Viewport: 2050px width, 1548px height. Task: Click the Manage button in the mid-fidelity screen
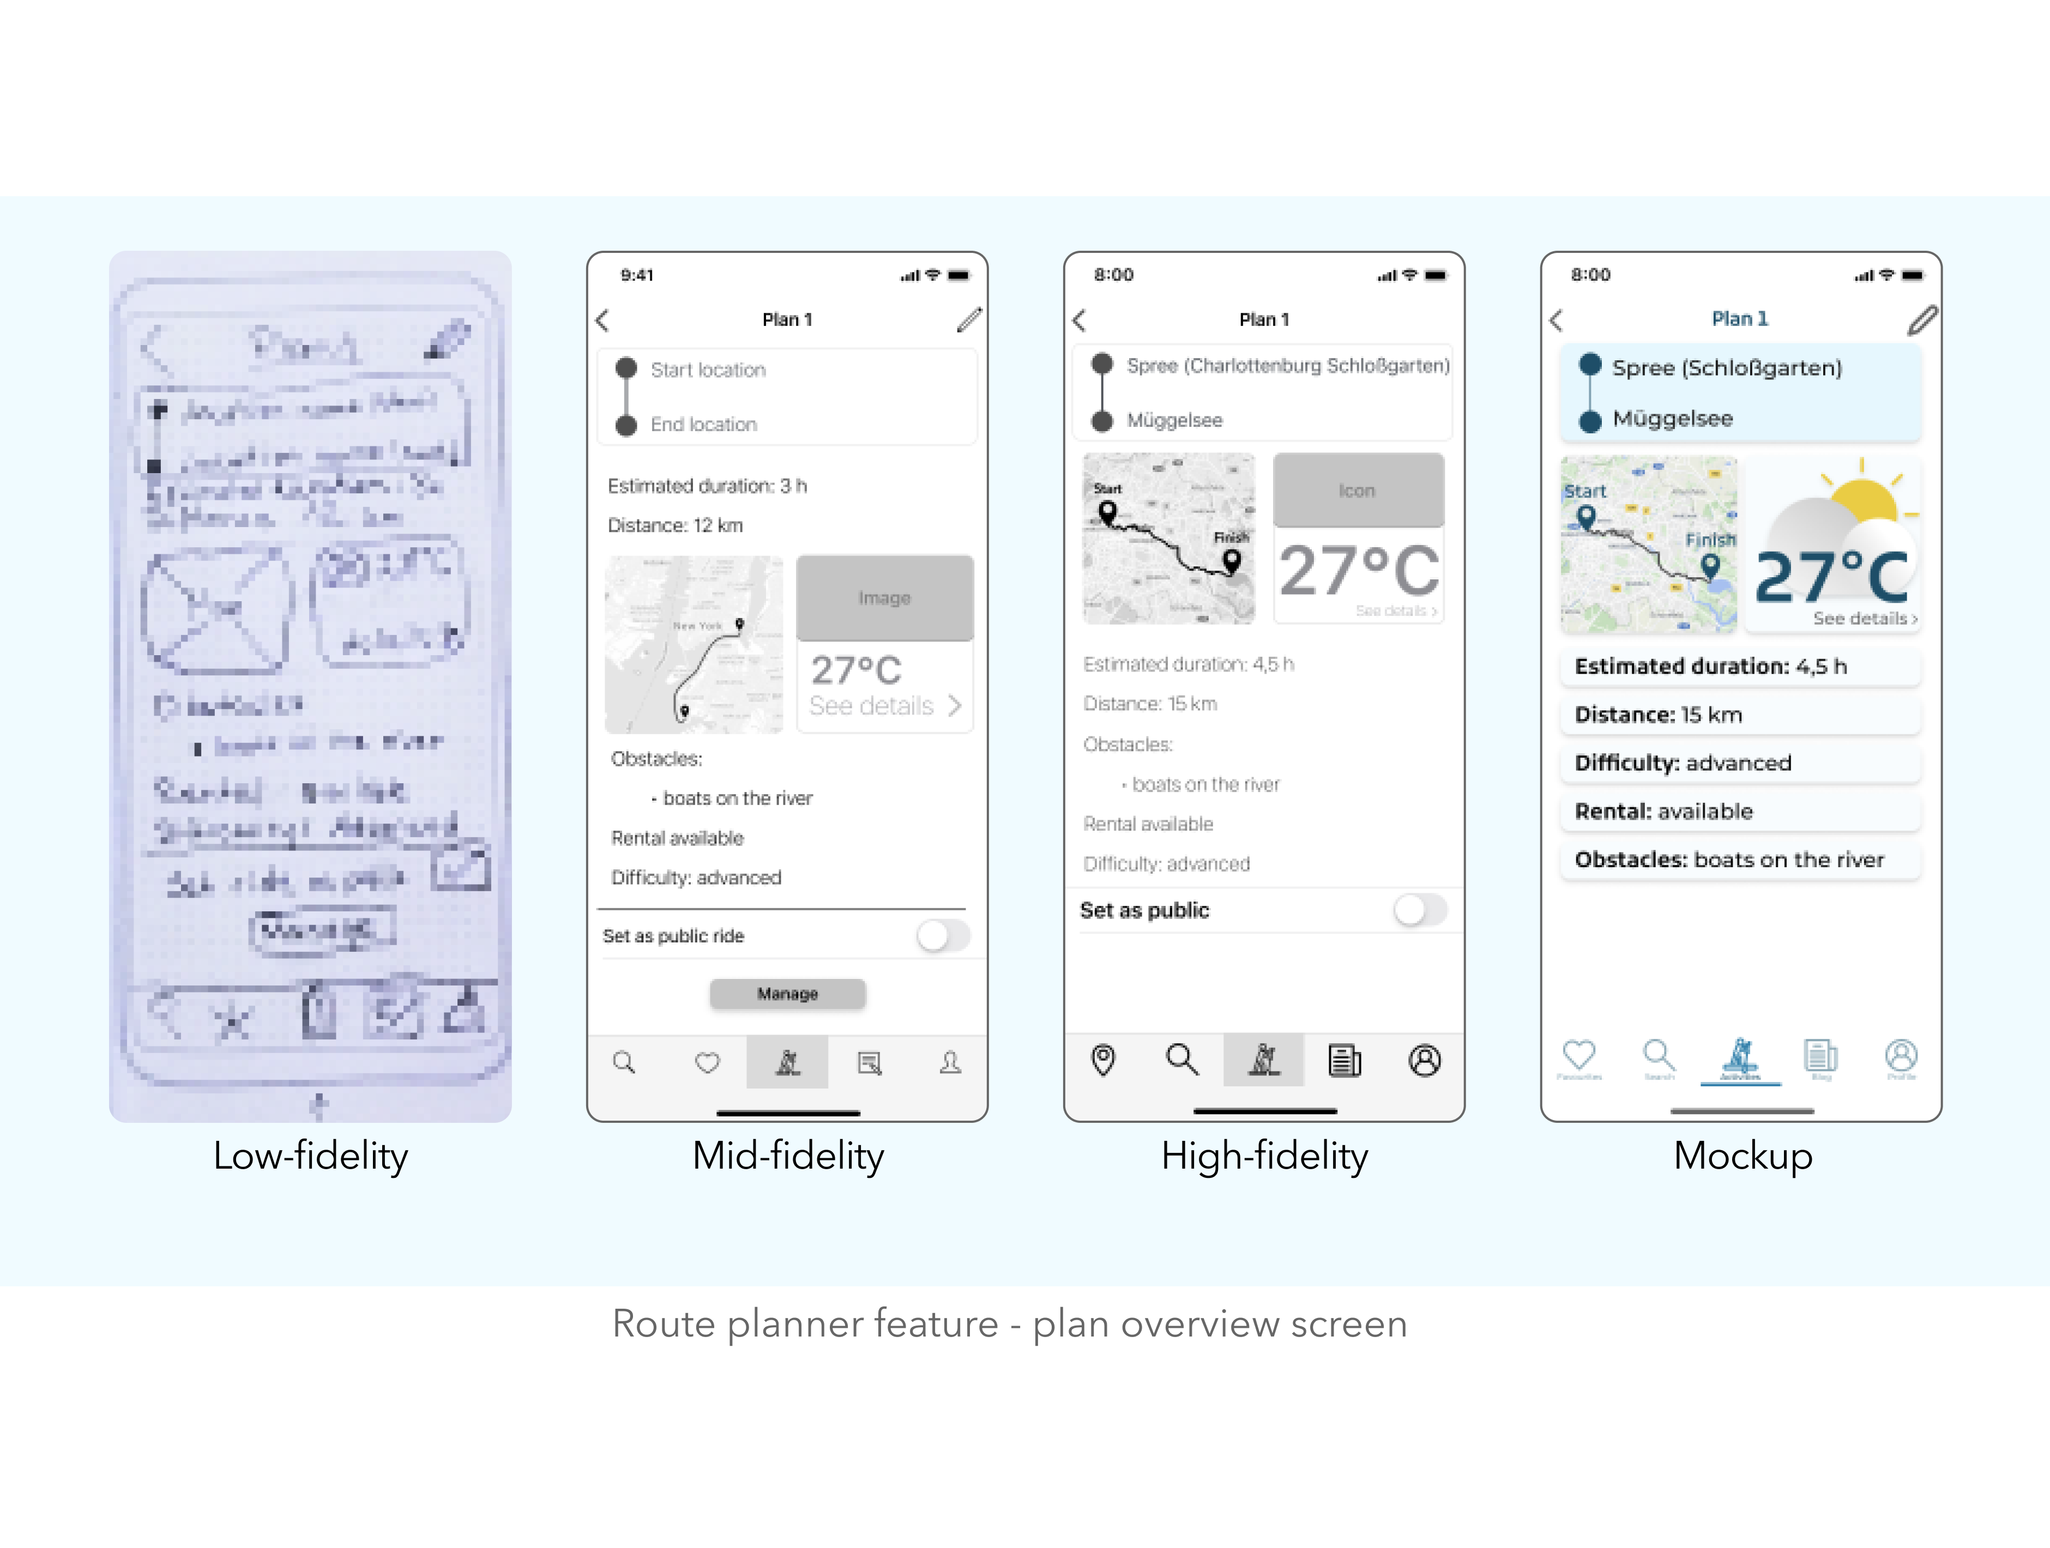pyautogui.click(x=788, y=993)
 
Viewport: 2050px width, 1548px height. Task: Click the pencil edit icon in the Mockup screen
pyautogui.click(x=1922, y=321)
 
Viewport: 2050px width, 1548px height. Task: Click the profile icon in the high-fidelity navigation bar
pyautogui.click(x=1425, y=1060)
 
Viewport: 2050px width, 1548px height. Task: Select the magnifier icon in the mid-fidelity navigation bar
pyautogui.click(x=625, y=1062)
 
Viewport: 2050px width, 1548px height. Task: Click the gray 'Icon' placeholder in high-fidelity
pyautogui.click(x=1358, y=490)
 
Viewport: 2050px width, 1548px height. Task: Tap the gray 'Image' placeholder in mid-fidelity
pyautogui.click(x=884, y=597)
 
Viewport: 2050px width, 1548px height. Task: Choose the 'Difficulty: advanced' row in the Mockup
pyautogui.click(x=1740, y=763)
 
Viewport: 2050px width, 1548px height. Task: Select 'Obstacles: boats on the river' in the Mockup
pyautogui.click(x=1740, y=860)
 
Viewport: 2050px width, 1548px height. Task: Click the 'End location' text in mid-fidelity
pyautogui.click(x=703, y=424)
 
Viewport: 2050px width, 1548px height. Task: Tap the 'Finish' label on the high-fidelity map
pyautogui.click(x=1231, y=537)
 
